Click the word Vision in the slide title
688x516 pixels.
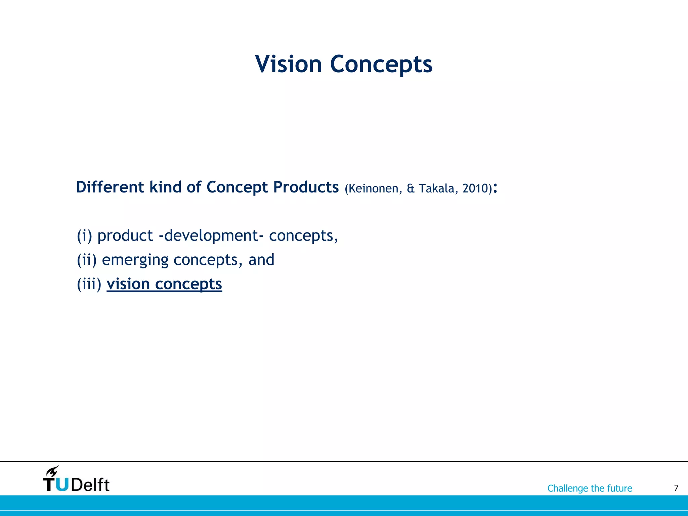[x=289, y=64]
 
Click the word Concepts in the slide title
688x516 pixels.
[x=381, y=64]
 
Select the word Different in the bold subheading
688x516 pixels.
[x=110, y=187]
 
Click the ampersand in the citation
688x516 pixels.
[x=411, y=188]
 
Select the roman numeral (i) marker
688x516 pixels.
[x=84, y=235]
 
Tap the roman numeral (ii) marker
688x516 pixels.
[x=87, y=260]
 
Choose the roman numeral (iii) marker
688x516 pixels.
[x=89, y=284]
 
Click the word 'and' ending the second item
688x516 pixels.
[x=261, y=260]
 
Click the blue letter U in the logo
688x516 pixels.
[x=62, y=484]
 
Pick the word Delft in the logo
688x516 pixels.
[x=90, y=485]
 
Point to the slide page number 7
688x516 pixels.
[x=676, y=488]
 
